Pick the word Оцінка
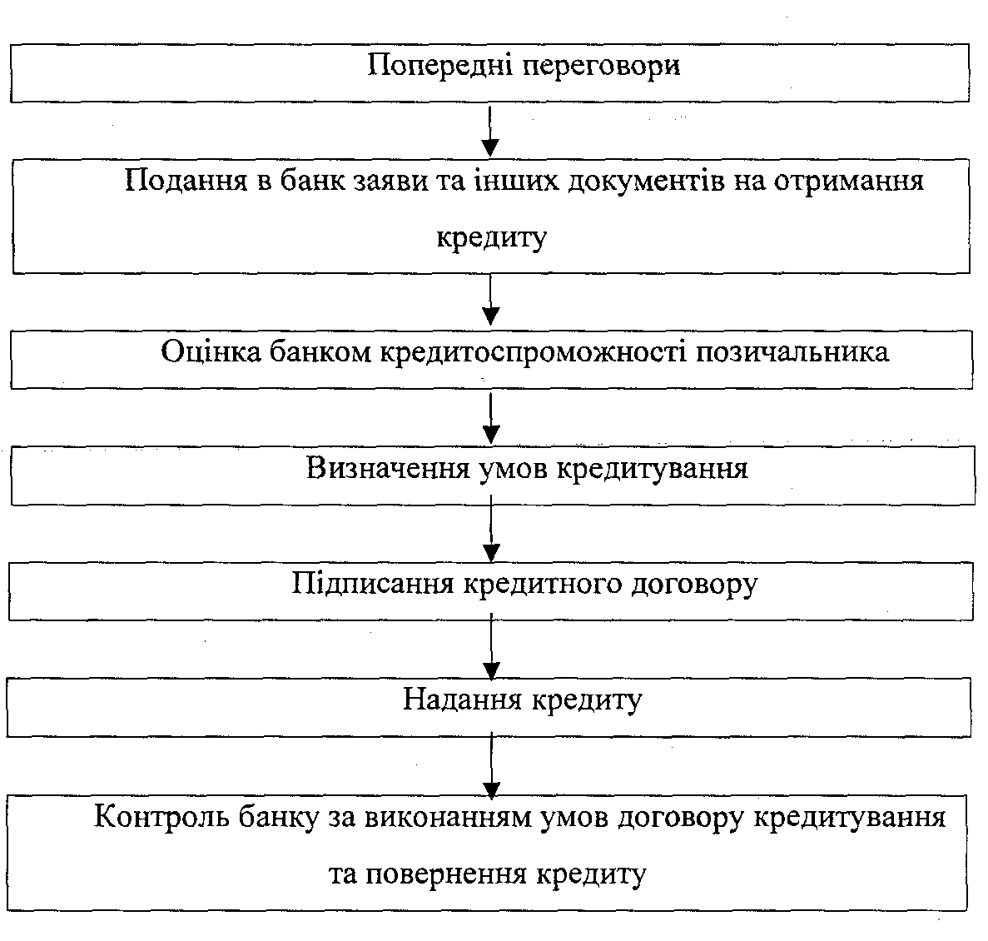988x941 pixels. click(x=211, y=351)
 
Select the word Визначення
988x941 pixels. click(x=388, y=469)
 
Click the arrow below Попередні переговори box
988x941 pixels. click(x=490, y=131)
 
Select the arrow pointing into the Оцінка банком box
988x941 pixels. click(x=490, y=300)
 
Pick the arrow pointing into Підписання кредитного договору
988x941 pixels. click(x=491, y=528)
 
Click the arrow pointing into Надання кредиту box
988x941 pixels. click(x=491, y=647)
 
